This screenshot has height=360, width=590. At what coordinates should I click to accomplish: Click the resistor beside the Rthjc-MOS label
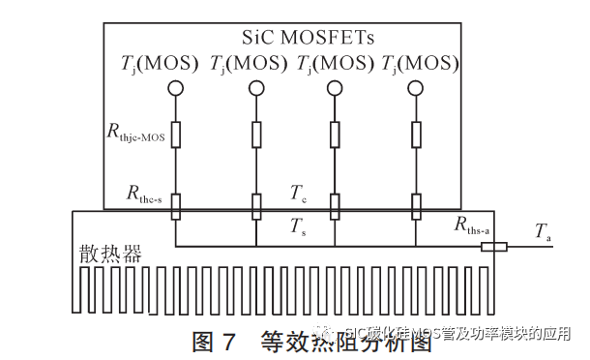(x=175, y=134)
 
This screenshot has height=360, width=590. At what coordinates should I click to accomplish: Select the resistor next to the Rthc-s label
(x=175, y=206)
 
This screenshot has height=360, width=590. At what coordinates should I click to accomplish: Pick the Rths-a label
(x=473, y=225)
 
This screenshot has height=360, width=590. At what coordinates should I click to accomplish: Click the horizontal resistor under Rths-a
(x=493, y=247)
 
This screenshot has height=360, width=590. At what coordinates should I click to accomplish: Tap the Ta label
(x=545, y=231)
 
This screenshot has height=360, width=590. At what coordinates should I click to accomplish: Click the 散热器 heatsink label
(x=111, y=255)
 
